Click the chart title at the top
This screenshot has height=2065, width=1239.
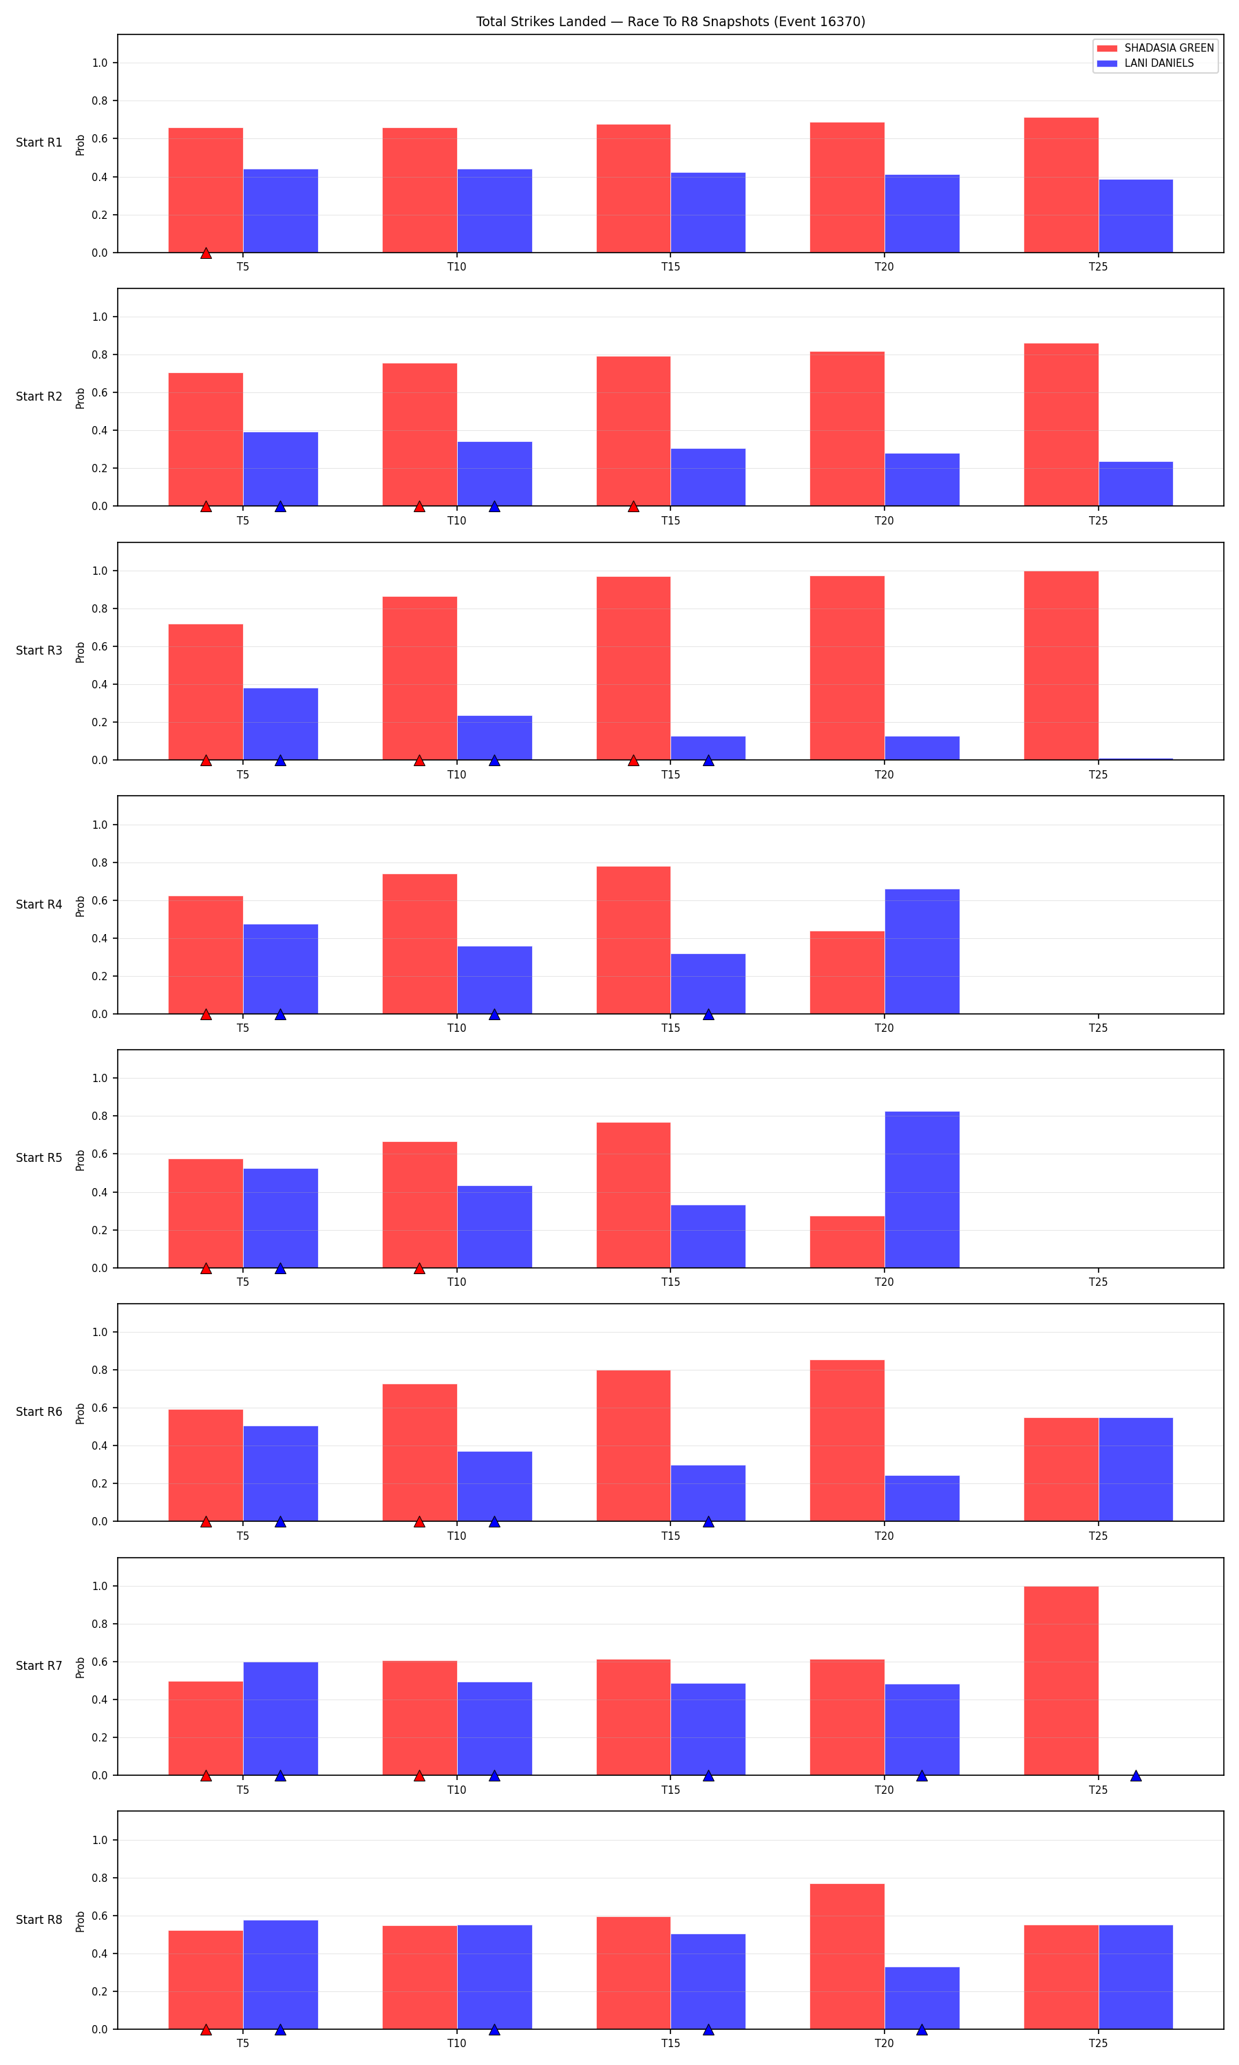coord(670,22)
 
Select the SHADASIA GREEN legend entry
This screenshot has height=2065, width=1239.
coord(1156,48)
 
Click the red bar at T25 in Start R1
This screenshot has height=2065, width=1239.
coord(1061,185)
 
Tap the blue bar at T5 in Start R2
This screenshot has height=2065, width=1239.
coord(281,469)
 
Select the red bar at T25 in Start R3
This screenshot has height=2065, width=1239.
coord(1061,665)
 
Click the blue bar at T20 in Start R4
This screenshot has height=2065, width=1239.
coord(922,951)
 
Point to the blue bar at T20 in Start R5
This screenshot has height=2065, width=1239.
coord(922,1189)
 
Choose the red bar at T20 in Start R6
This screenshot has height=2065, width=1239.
coord(847,1441)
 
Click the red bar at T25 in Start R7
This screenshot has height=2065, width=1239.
coord(1061,1681)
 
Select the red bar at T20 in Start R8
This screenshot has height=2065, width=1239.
coord(847,1956)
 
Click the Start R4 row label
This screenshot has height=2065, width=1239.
coord(39,904)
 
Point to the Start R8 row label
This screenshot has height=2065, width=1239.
coord(39,1920)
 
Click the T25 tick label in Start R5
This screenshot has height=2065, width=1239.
coord(1098,1282)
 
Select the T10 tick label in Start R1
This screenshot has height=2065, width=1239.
coord(456,267)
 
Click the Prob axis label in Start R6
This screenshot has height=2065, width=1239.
coord(80,1413)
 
